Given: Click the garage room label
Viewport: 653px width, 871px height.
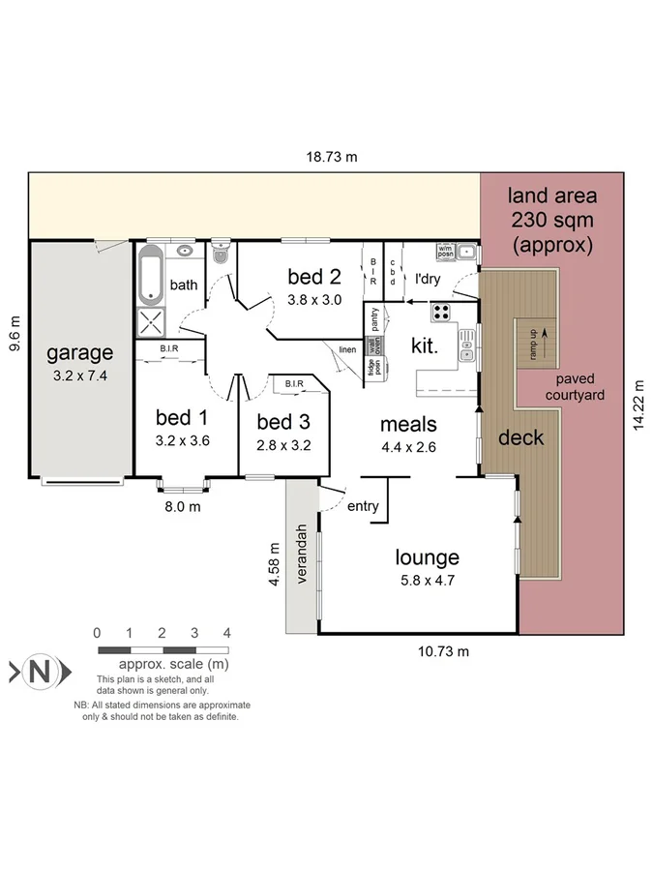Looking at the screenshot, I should tap(81, 353).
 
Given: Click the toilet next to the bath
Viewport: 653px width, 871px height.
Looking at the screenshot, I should tap(220, 256).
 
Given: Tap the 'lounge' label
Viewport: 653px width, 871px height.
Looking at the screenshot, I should tap(427, 557).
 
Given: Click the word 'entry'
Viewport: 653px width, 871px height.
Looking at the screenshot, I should tap(363, 506).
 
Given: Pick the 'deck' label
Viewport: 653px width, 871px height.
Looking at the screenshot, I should tap(520, 437).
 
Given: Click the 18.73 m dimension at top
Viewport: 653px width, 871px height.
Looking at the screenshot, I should tap(333, 157).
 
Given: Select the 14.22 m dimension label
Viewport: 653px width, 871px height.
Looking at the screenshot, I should tap(638, 405).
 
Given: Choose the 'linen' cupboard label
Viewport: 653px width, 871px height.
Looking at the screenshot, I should tap(346, 349).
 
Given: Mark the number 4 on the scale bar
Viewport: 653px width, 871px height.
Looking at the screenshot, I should tap(227, 633).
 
